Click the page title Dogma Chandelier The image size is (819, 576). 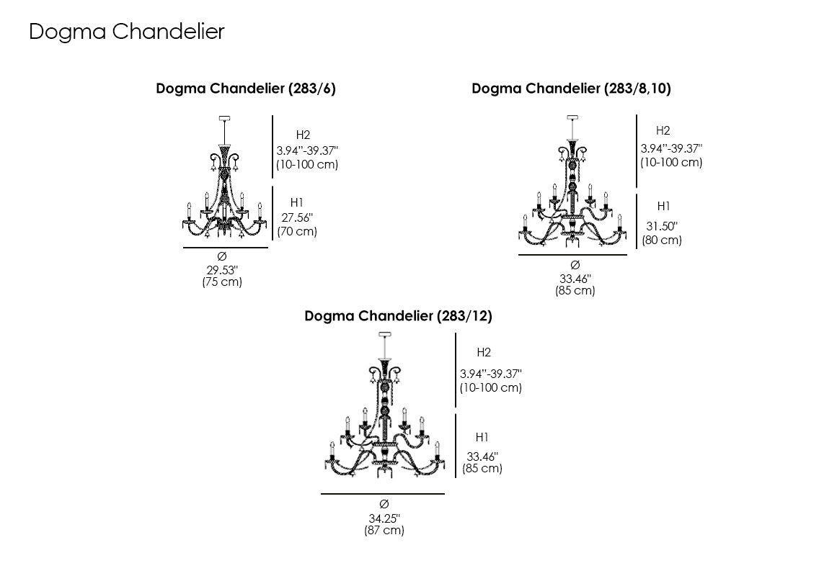click(x=127, y=32)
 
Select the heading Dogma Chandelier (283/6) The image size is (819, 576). click(x=246, y=89)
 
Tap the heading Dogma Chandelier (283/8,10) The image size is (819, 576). click(x=571, y=89)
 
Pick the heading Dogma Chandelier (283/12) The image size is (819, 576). click(x=398, y=316)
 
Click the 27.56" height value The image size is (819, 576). click(x=296, y=218)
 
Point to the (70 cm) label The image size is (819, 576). click(x=296, y=231)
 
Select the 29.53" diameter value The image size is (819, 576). click(x=222, y=270)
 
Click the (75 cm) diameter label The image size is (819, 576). click(x=222, y=282)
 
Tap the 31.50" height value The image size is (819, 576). click(x=661, y=226)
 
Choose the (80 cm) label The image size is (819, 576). click(x=662, y=240)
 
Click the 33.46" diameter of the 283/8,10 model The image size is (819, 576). click(x=575, y=279)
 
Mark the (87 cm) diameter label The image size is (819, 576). click(x=384, y=531)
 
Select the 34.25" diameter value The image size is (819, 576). click(x=384, y=518)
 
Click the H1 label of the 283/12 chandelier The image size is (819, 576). click(x=482, y=437)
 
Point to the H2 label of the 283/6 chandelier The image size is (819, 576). click(x=303, y=135)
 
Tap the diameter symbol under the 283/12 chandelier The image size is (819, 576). click(x=384, y=503)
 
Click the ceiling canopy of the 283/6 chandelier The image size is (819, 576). click(x=223, y=118)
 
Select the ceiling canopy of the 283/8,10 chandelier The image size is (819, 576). click(x=573, y=117)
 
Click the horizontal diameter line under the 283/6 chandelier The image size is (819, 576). click(x=225, y=248)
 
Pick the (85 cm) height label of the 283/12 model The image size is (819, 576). click(x=482, y=469)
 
